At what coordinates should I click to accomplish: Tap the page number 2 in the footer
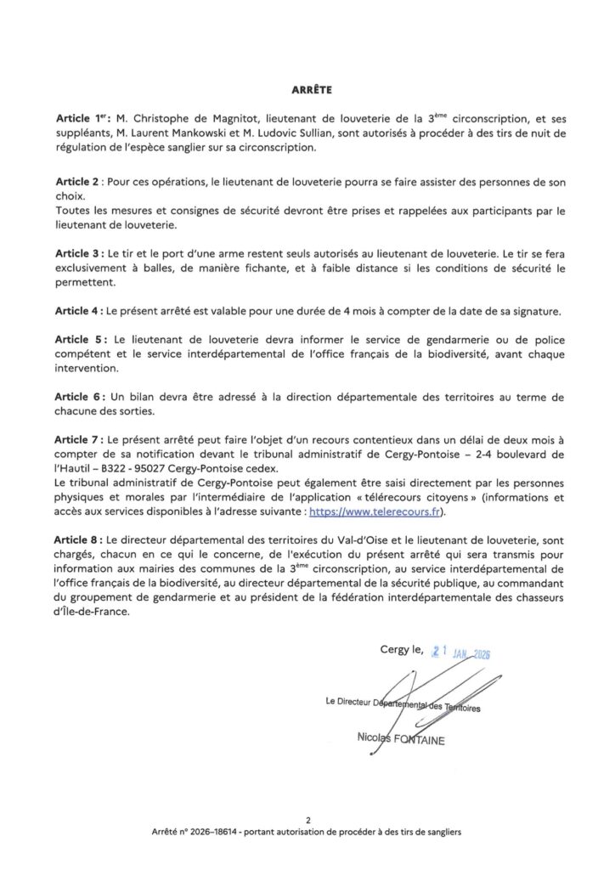(x=307, y=822)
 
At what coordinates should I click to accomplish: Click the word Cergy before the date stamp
(x=395, y=652)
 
